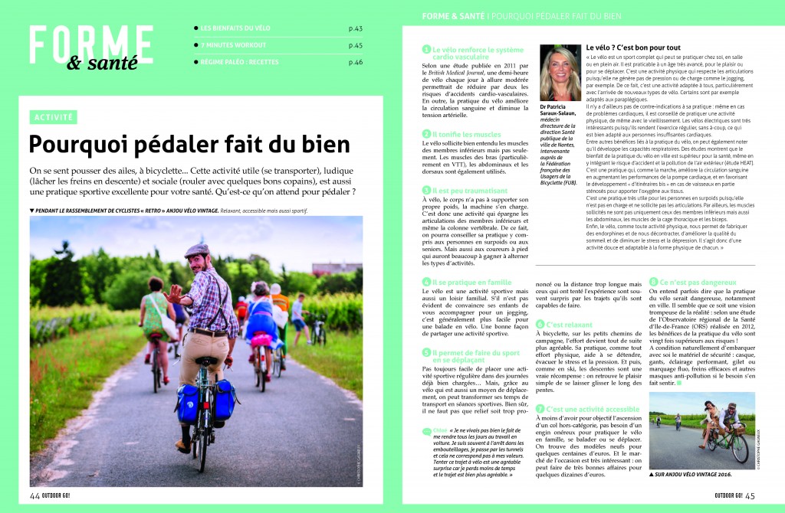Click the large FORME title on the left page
91,40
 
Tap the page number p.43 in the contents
355,28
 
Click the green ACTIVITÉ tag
54,117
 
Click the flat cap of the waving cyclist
197,250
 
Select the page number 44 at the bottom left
34,494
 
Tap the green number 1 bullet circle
426,49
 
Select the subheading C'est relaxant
569,325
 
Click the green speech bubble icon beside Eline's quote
426,432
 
